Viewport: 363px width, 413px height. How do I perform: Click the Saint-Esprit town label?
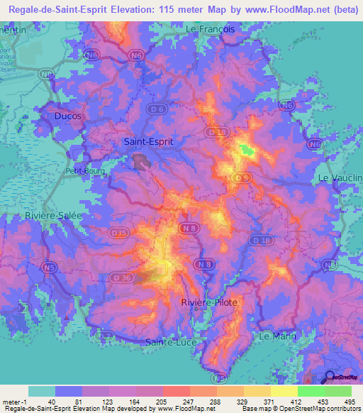pos(148,141)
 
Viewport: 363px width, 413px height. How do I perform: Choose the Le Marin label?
pos(277,335)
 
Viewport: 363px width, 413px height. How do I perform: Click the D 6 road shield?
pos(160,109)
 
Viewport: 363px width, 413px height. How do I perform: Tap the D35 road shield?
pos(118,231)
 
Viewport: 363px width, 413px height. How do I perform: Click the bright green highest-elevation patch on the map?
pos(246,149)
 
